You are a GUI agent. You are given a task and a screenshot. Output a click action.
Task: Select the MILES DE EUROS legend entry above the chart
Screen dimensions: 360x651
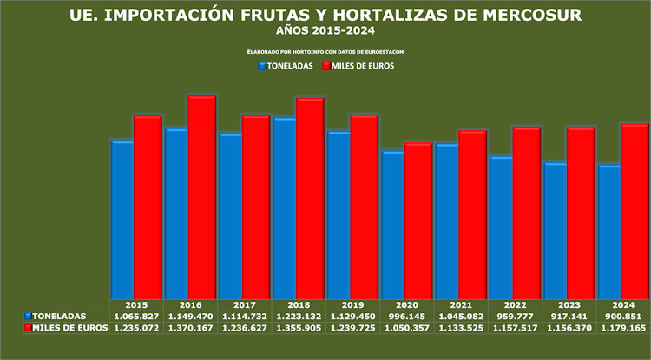coord(358,66)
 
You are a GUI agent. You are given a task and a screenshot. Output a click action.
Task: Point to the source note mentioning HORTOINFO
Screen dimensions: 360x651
coord(325,52)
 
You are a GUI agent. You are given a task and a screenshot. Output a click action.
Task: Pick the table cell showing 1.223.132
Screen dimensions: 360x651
coord(298,317)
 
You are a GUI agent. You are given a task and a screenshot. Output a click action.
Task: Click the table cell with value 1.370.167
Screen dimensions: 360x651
coord(190,328)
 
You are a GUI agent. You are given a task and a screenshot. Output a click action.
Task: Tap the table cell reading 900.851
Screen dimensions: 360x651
coord(623,317)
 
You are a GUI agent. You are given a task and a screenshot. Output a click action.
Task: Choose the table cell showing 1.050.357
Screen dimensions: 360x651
coord(406,328)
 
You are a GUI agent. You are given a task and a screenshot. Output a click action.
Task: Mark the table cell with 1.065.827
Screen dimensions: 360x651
coord(135,317)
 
